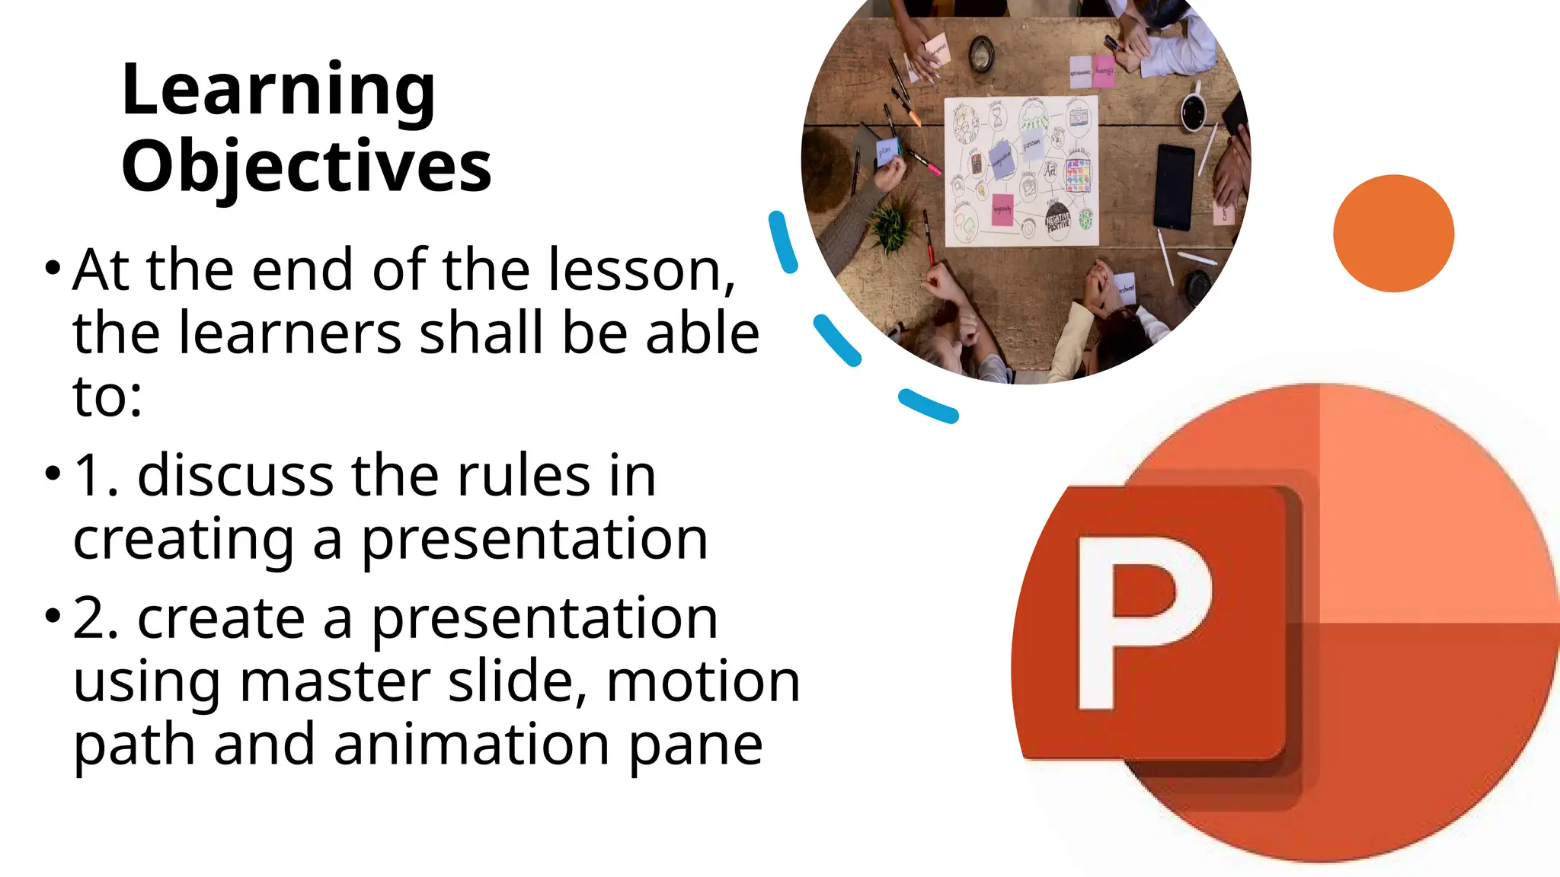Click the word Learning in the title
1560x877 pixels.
pos(278,91)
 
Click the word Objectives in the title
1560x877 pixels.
pos(306,167)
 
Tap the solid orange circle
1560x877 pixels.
pos(1393,233)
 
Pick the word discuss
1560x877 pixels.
pos(235,476)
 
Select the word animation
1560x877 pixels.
pos(472,745)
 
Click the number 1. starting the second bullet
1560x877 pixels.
pos(96,476)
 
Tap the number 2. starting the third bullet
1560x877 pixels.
pos(96,618)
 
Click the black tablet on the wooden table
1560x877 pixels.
pos(1174,187)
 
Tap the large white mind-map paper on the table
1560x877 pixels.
pos(1021,171)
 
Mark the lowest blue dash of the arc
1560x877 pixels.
pos(927,406)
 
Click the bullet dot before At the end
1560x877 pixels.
pos(52,268)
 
